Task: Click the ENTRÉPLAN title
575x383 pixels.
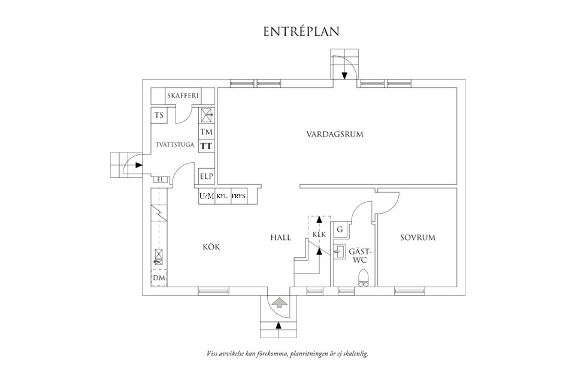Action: tap(301, 32)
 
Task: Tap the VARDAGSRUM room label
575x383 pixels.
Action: tap(335, 134)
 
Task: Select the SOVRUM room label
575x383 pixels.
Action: tap(417, 238)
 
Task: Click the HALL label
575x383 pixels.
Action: tap(280, 238)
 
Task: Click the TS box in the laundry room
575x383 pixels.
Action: tap(159, 115)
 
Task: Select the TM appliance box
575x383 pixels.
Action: tap(207, 132)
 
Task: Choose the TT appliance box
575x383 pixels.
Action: tap(207, 146)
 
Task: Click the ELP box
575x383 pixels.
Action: tap(207, 177)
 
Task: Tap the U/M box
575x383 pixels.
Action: tap(207, 196)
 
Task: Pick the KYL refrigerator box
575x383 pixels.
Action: tap(222, 196)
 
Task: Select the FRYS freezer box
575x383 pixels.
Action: tap(238, 196)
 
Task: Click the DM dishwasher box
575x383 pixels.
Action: tap(159, 278)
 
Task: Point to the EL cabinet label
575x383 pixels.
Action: tap(160, 179)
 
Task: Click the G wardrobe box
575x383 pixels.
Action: tap(340, 230)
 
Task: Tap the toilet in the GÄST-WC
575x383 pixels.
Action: tap(363, 278)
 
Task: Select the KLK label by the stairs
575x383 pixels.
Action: tap(319, 234)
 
